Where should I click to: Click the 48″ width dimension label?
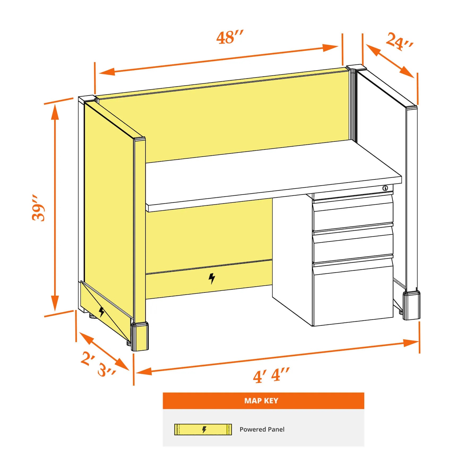click(230, 37)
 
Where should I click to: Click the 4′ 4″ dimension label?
click(271, 375)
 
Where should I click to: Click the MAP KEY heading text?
click(261, 401)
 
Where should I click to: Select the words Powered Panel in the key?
click(262, 429)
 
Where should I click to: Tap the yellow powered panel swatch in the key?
click(203, 429)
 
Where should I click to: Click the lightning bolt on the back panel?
click(212, 278)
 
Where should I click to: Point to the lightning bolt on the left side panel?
click(101, 312)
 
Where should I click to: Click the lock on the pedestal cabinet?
click(385, 188)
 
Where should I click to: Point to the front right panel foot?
click(412, 305)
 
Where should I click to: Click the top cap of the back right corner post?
click(356, 67)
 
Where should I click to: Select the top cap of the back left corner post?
click(88, 98)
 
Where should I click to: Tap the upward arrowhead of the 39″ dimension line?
click(55, 111)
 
